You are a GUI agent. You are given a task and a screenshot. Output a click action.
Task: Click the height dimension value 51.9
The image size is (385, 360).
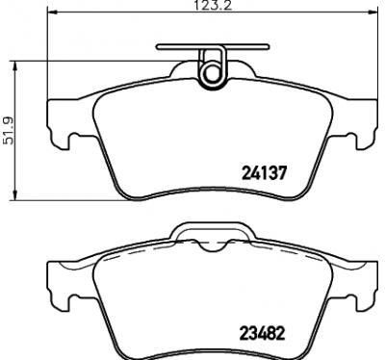[9, 130]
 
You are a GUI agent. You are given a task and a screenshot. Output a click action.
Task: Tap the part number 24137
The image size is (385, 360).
[263, 173]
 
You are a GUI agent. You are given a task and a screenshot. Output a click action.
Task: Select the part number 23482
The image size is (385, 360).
[263, 333]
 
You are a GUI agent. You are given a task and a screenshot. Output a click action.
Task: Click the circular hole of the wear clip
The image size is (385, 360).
[211, 73]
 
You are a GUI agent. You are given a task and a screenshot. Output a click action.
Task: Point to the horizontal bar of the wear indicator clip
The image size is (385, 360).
[212, 47]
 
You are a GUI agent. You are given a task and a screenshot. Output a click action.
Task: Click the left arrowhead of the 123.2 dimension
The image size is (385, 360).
[52, 13]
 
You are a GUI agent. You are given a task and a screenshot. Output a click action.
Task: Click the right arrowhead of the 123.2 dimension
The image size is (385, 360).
[372, 13]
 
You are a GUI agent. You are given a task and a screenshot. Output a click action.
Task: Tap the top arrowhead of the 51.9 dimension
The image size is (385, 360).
[14, 66]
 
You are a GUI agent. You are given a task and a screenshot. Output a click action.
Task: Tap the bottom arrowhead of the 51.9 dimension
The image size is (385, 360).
[14, 194]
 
